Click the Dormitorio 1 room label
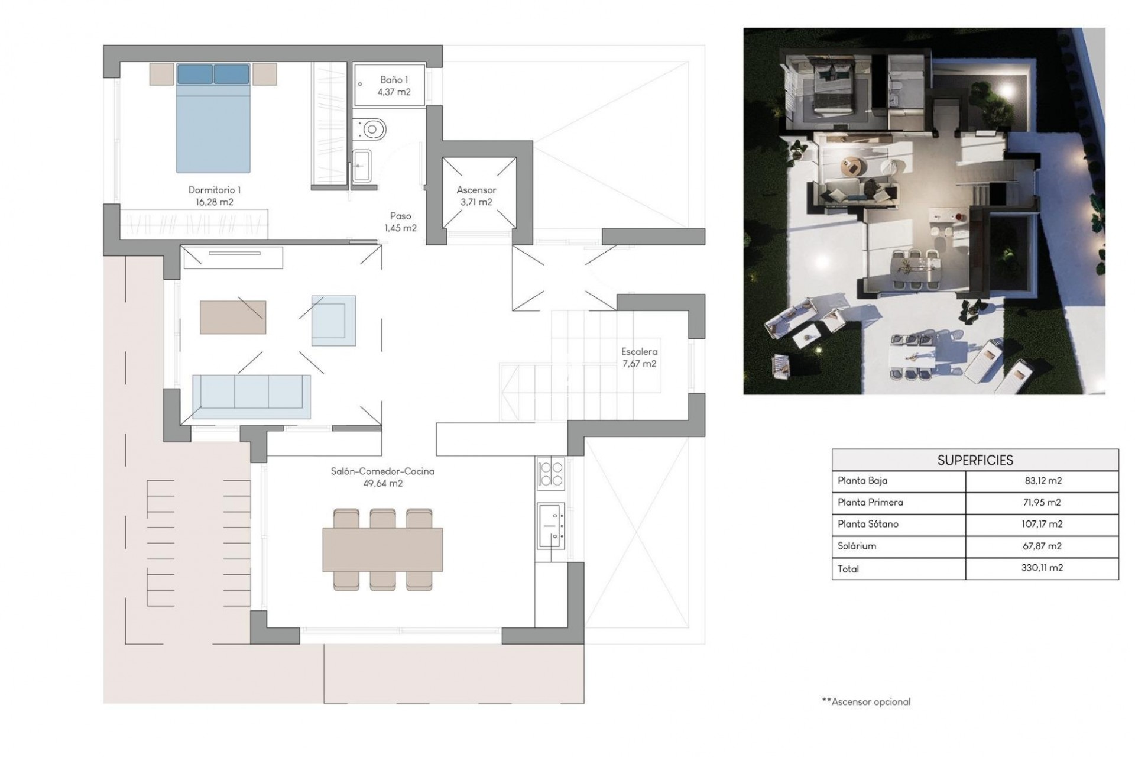point(214,190)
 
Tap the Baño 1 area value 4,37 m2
point(394,92)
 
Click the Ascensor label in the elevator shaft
point(476,190)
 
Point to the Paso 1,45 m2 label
point(400,222)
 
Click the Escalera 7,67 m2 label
point(639,358)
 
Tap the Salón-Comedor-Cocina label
point(382,471)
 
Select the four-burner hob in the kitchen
point(551,474)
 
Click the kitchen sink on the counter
point(550,525)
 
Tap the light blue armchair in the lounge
point(334,320)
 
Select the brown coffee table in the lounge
point(233,318)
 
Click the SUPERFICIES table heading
point(975,460)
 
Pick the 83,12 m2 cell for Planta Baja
point(1043,481)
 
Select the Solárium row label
point(857,546)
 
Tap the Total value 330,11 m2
point(1043,568)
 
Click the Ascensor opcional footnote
point(866,702)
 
